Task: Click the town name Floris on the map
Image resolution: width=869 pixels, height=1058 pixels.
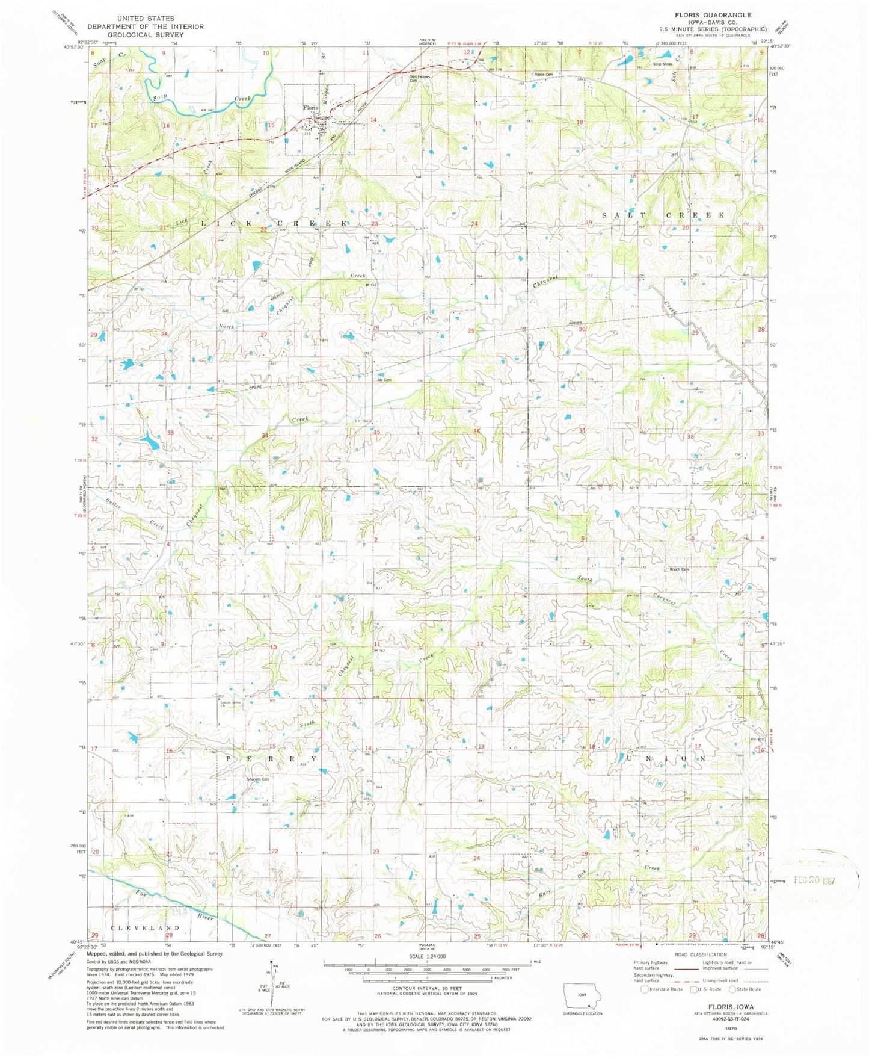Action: (310, 108)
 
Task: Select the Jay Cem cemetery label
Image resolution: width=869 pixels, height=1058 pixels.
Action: (384, 380)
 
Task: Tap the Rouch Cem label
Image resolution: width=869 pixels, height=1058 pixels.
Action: (680, 569)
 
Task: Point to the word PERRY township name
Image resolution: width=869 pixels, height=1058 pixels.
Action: (271, 759)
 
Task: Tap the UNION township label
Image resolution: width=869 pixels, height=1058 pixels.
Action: (666, 759)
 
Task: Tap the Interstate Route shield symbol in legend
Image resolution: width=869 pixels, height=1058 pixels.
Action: (645, 989)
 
